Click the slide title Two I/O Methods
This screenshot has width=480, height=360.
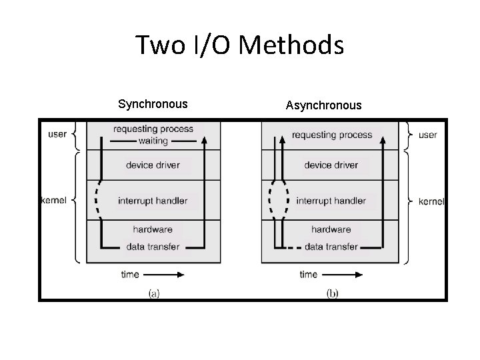click(239, 46)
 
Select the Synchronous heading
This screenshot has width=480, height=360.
click(153, 104)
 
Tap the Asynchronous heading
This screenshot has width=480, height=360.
click(323, 105)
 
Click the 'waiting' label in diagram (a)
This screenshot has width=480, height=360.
click(153, 141)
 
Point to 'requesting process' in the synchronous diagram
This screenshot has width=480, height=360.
click(153, 129)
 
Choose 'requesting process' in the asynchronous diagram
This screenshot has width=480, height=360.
click(332, 135)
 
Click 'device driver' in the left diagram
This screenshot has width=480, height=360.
click(153, 165)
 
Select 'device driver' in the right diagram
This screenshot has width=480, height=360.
click(331, 165)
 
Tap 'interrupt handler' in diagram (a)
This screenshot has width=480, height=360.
click(153, 201)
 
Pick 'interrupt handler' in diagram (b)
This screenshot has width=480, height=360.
click(331, 201)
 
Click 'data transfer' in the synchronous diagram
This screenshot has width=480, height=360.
click(153, 247)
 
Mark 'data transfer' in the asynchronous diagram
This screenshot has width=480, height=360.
click(331, 247)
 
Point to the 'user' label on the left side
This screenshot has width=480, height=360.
click(58, 134)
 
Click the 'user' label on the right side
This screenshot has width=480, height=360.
click(427, 135)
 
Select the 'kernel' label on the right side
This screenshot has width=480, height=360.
click(431, 201)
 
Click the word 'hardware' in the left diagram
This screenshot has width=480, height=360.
click(153, 229)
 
